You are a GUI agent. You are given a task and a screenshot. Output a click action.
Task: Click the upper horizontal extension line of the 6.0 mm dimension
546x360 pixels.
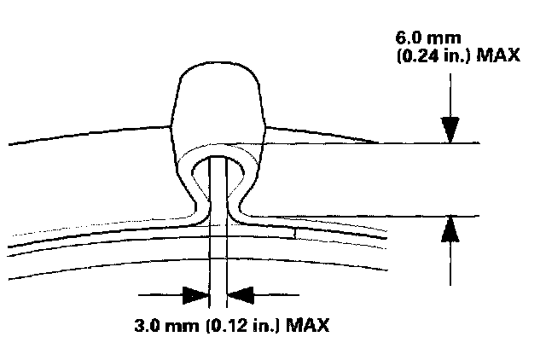pos(367,142)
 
